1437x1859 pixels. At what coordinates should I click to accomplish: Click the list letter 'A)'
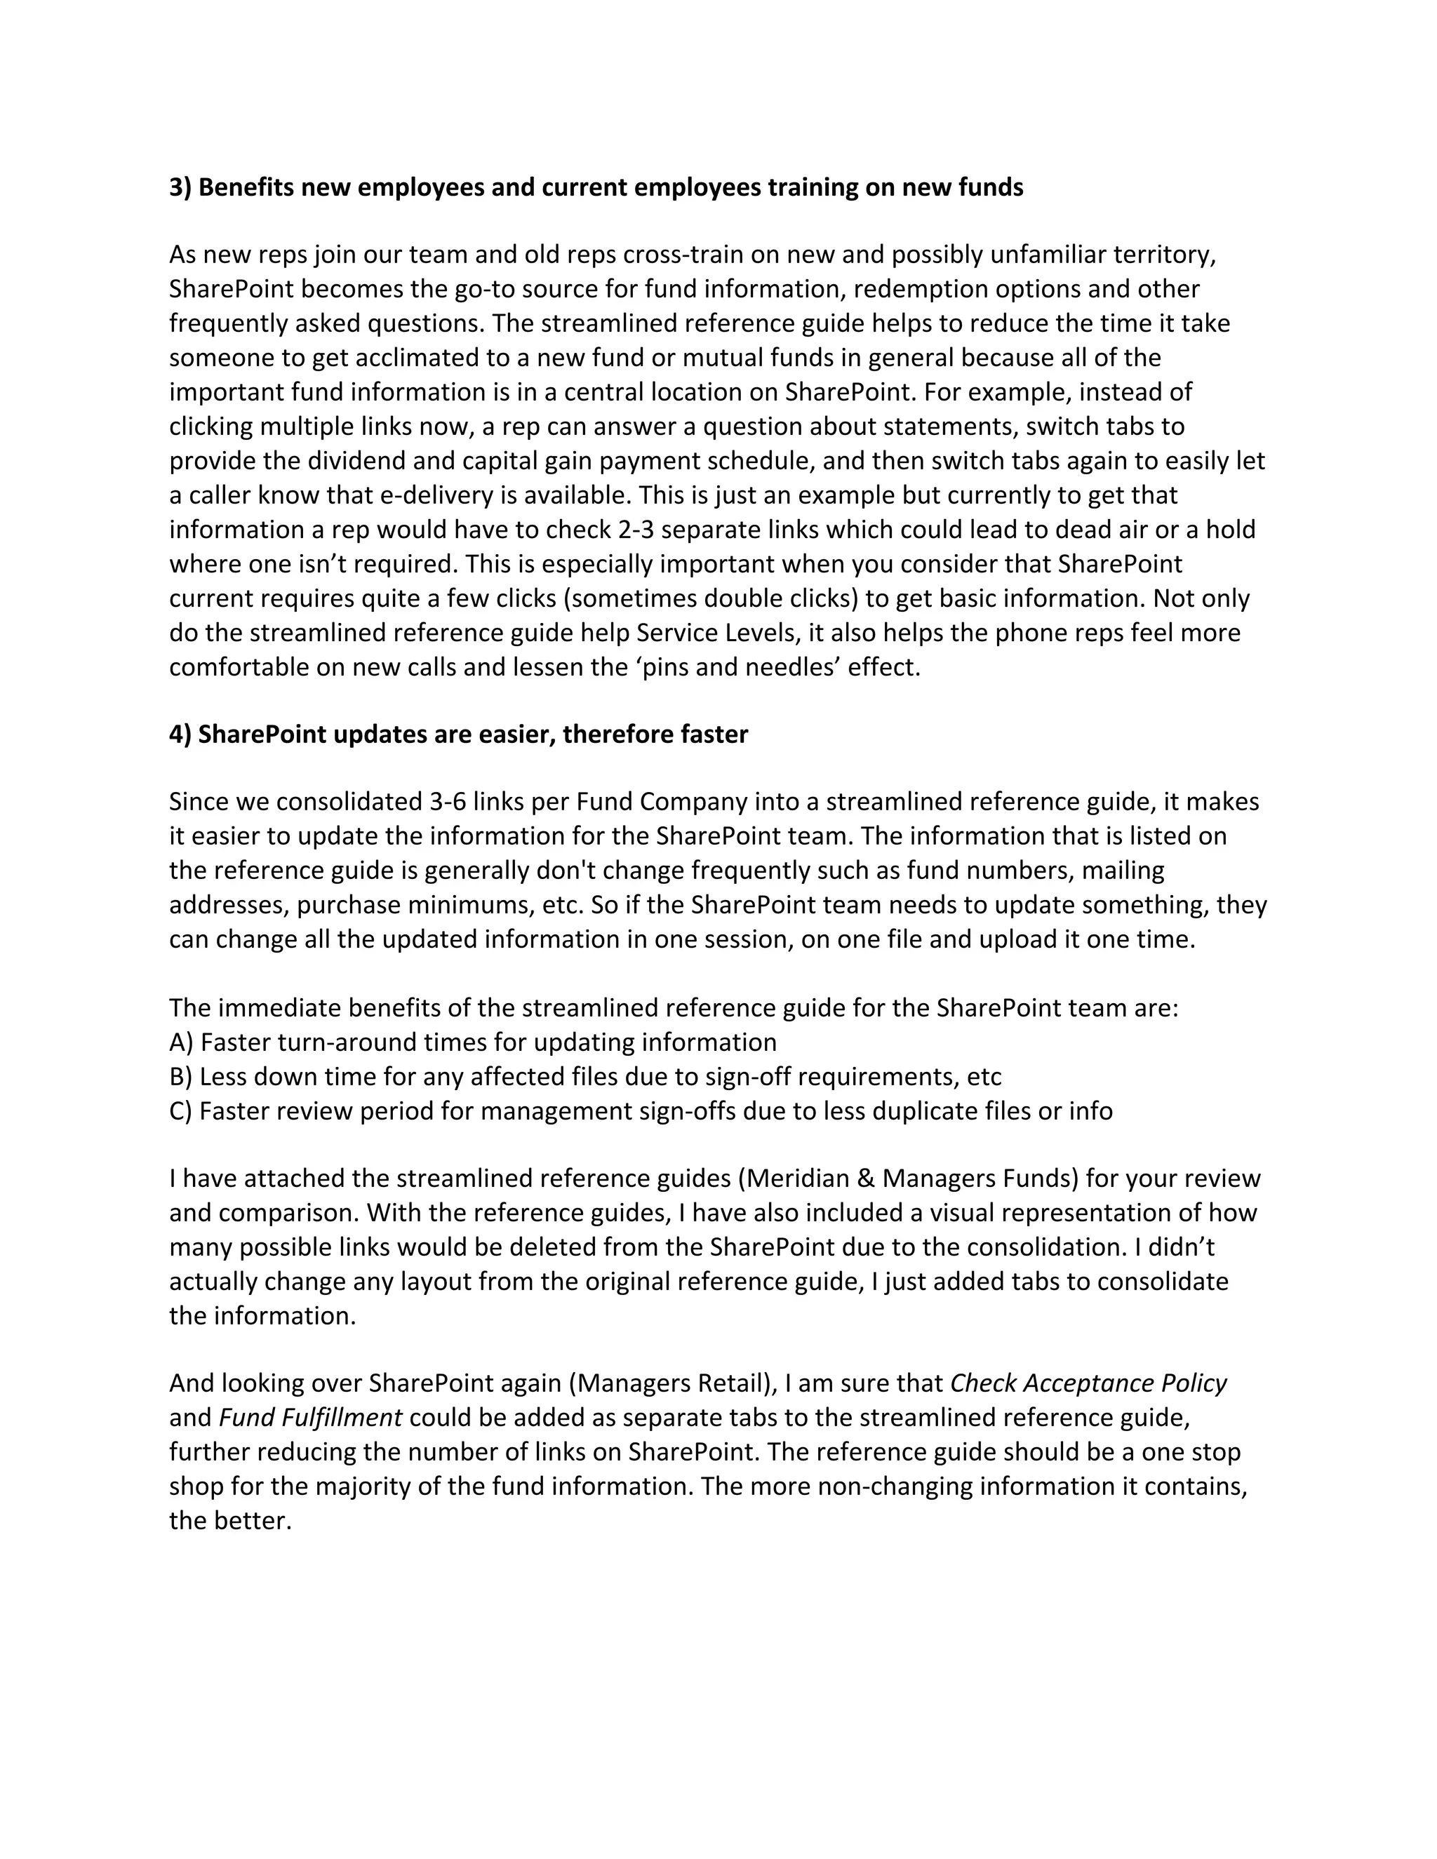tap(181, 1042)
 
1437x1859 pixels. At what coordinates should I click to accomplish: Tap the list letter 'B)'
tap(180, 1077)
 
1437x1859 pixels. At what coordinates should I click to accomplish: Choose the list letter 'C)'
tap(180, 1110)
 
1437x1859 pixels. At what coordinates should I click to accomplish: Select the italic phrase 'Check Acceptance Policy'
tap(1088, 1384)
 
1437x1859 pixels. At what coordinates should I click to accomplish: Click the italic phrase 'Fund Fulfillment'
tap(311, 1418)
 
